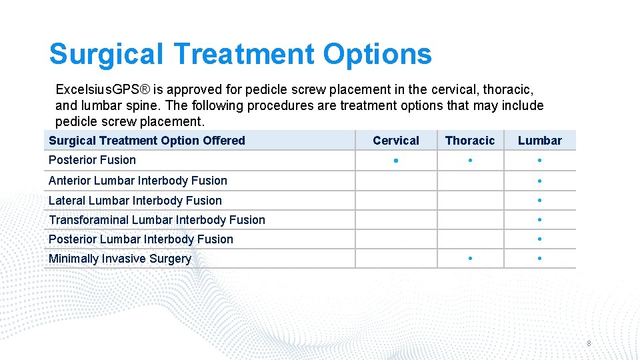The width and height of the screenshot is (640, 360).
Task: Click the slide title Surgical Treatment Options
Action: pos(240,54)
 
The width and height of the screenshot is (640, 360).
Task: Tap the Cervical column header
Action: pos(396,141)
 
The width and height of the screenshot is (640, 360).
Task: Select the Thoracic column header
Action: pos(470,141)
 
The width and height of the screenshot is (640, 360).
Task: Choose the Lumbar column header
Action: pos(539,141)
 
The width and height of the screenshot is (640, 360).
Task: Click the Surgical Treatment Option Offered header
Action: pos(147,141)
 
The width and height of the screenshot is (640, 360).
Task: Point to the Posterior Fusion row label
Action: pos(92,160)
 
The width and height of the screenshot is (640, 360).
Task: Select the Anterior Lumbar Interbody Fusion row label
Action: pos(137,181)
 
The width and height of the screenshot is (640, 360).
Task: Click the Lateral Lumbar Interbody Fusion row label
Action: pos(135,201)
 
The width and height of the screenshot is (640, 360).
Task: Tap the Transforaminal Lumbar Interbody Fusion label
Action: pos(157,220)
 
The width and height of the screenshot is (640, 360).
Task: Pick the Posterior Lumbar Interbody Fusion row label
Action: pos(141,239)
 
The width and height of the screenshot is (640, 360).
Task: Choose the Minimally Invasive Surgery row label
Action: pos(119,259)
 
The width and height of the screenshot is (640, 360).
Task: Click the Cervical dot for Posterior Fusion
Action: pos(396,161)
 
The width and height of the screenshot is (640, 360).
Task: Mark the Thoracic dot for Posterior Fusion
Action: pos(470,161)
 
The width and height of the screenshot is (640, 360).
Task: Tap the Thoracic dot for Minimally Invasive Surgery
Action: pos(470,259)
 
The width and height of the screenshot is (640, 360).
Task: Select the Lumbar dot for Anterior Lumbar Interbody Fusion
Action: pos(539,181)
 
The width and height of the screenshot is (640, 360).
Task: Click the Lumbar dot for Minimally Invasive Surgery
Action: pos(539,259)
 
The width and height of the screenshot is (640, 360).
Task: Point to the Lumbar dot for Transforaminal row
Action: pos(539,220)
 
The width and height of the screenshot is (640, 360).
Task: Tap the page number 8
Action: pos(589,343)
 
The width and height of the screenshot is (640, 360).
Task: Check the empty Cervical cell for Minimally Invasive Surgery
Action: pos(396,259)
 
